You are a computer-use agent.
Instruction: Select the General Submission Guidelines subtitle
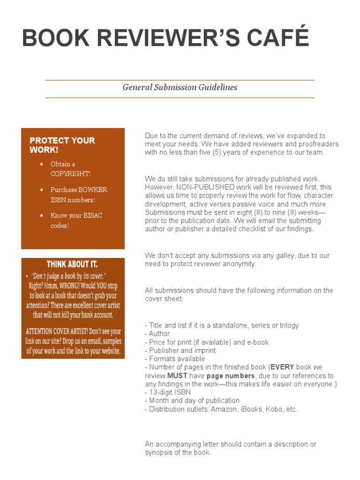[x=180, y=87]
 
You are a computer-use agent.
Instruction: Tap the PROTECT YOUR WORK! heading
[x=62, y=145]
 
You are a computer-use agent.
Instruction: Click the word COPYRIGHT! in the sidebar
[x=71, y=173]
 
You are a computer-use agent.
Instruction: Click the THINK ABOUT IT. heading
[x=72, y=264]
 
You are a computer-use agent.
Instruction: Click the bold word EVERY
[x=283, y=367]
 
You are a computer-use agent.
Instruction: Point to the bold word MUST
[x=176, y=376]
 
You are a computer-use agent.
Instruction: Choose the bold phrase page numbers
[x=230, y=376]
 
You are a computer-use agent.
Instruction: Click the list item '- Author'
[x=157, y=334]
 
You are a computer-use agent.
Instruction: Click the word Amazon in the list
[x=225, y=409]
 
